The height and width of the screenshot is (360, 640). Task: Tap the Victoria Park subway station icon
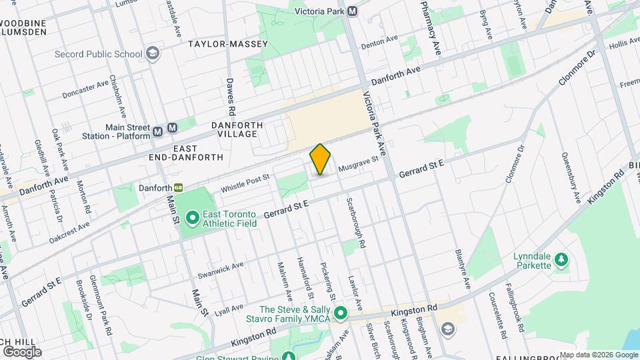tap(351, 11)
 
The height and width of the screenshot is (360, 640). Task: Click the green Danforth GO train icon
tap(178, 189)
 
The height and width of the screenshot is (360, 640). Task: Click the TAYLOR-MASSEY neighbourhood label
tap(228, 44)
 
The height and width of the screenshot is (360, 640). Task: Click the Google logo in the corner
tap(21, 351)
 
